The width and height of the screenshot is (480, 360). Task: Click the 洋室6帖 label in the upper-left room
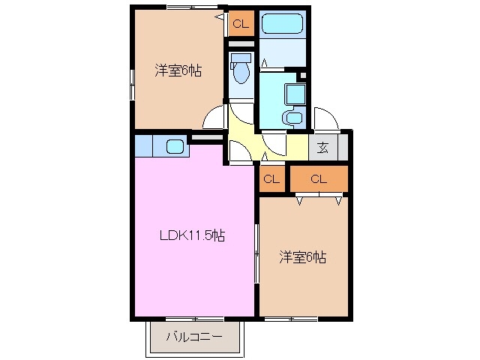[178, 70]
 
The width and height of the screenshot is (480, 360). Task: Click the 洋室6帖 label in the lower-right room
[302, 257]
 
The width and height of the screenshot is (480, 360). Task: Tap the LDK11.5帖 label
[192, 235]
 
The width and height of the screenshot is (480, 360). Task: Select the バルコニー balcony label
[193, 337]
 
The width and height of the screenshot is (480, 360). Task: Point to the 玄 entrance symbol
[322, 147]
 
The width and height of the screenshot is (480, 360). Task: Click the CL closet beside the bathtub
[240, 25]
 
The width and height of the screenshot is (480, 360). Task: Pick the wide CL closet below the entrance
[319, 178]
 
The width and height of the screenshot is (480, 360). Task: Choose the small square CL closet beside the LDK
[271, 178]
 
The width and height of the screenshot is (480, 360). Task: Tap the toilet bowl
[241, 73]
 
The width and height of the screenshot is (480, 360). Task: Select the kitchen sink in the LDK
[174, 146]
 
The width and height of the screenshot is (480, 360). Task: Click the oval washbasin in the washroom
[293, 117]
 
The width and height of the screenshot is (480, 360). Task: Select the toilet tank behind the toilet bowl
[241, 58]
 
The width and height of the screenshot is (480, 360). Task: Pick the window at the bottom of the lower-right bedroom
[290, 318]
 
